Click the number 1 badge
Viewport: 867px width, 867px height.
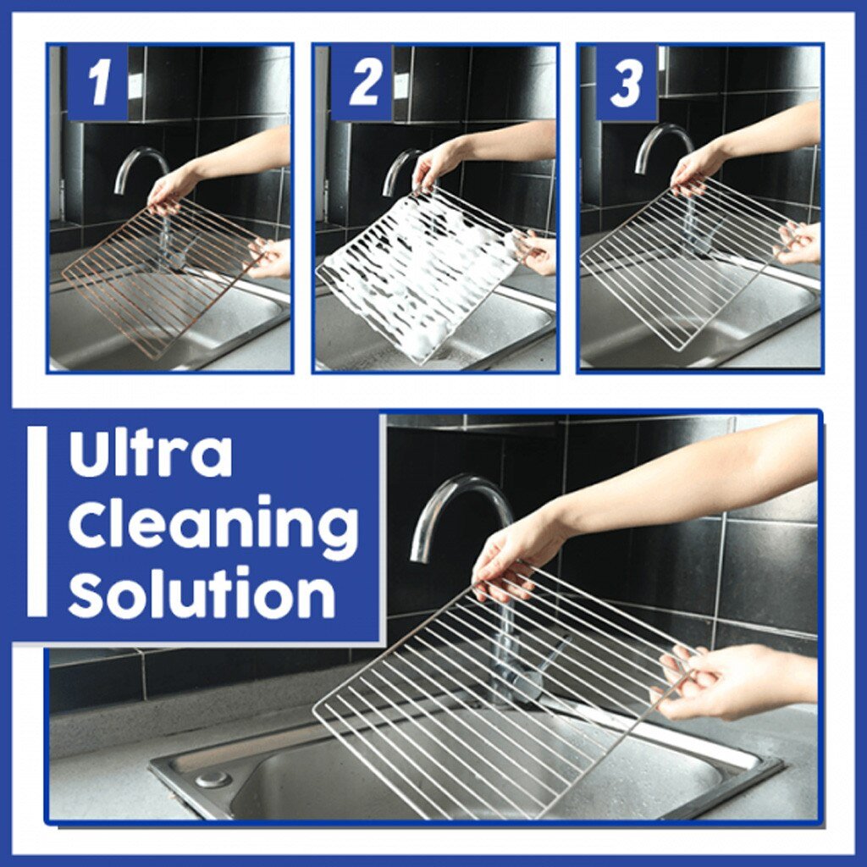coord(98,83)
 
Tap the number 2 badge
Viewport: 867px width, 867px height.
coord(364,83)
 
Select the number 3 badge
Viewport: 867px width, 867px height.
coord(627,83)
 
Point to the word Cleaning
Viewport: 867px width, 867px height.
coord(213,525)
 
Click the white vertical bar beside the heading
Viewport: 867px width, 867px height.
coord(36,521)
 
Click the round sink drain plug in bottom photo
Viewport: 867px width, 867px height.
coord(212,778)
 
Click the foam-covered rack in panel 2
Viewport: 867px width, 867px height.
coord(415,271)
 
